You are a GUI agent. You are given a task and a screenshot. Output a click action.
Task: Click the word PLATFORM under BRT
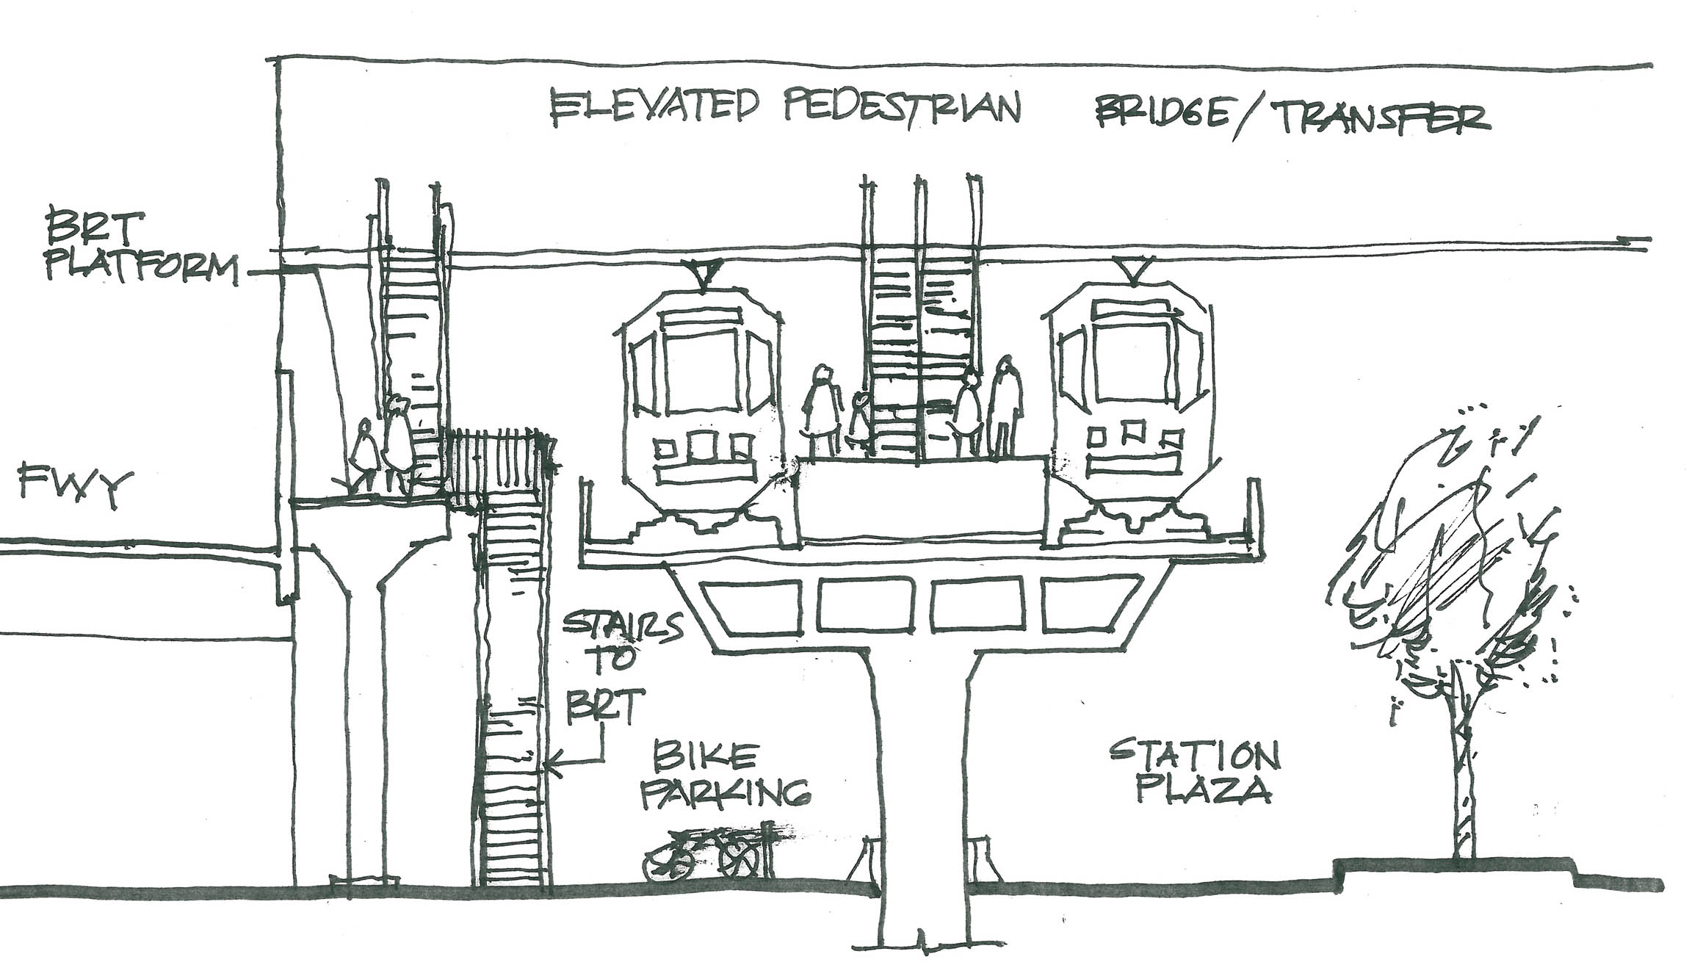(142, 267)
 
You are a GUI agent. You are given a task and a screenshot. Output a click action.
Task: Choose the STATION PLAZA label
(1193, 771)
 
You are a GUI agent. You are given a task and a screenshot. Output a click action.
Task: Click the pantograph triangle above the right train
(1134, 270)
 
